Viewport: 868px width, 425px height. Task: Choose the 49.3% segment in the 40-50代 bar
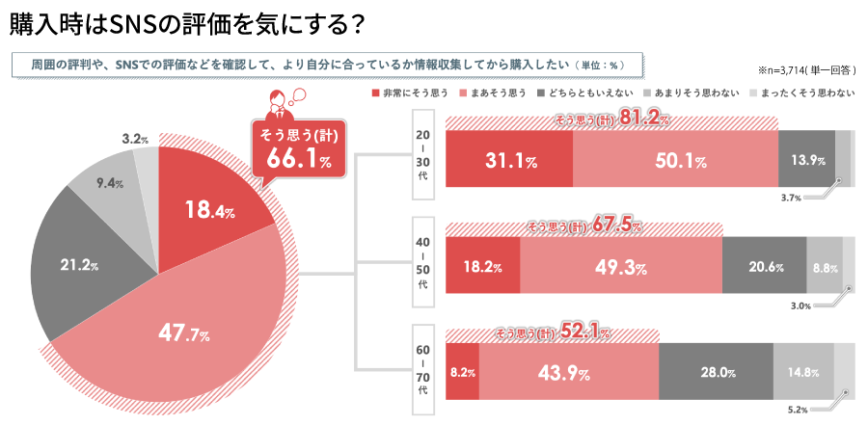(x=620, y=265)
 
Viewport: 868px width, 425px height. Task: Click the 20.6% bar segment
(x=764, y=265)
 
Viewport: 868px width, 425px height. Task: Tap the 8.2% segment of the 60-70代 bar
(x=462, y=372)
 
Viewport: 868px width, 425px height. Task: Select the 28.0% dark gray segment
(x=716, y=372)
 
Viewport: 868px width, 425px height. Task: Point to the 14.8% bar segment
(x=802, y=372)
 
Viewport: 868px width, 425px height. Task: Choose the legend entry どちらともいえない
(x=592, y=93)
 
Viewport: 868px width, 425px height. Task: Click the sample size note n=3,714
(x=806, y=69)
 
